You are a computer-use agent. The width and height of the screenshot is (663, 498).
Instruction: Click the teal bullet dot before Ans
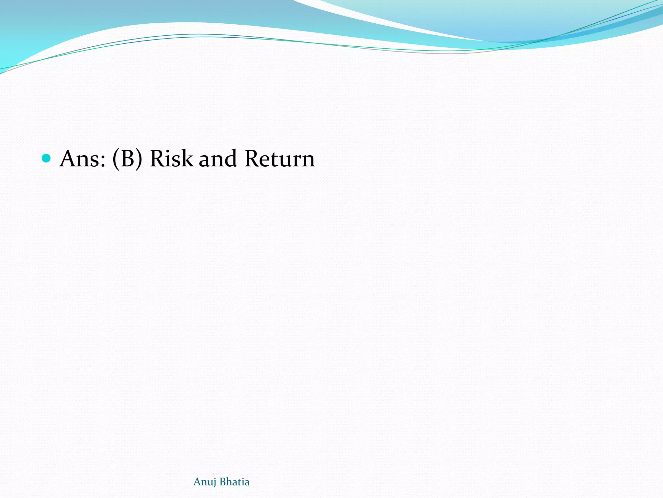click(x=47, y=158)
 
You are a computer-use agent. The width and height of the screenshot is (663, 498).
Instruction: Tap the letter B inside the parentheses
click(x=127, y=159)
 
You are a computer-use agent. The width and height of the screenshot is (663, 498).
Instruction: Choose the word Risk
click(x=172, y=159)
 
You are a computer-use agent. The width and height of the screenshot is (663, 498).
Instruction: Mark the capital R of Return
click(x=253, y=159)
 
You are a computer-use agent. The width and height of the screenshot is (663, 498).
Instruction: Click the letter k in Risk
click(x=187, y=159)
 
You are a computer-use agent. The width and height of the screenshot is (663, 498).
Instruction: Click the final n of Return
click(x=307, y=161)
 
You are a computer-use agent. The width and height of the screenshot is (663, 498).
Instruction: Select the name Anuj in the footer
click(x=205, y=482)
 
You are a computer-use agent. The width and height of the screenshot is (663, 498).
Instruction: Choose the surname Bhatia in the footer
click(x=235, y=482)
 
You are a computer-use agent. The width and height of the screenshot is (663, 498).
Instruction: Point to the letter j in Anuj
click(x=214, y=482)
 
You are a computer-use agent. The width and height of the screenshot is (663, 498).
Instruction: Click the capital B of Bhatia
click(x=223, y=482)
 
